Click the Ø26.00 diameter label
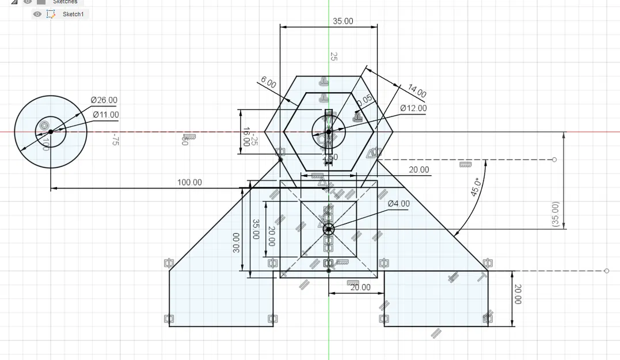(x=104, y=100)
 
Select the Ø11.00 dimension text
(x=106, y=115)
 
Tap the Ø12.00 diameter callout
(x=414, y=108)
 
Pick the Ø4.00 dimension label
(x=398, y=204)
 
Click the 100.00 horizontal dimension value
(x=189, y=183)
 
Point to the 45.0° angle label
(x=476, y=187)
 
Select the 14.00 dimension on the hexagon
(x=417, y=90)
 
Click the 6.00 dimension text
(x=268, y=82)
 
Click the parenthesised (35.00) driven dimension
(x=555, y=214)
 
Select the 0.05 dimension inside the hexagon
(x=364, y=102)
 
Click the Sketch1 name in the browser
(x=73, y=14)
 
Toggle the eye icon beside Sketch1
(x=37, y=14)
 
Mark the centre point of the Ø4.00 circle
(x=329, y=229)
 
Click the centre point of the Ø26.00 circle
(x=51, y=132)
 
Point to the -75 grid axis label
(x=115, y=140)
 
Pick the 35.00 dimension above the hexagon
(x=343, y=21)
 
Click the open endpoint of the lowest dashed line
(x=607, y=271)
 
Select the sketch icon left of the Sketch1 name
(x=51, y=14)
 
